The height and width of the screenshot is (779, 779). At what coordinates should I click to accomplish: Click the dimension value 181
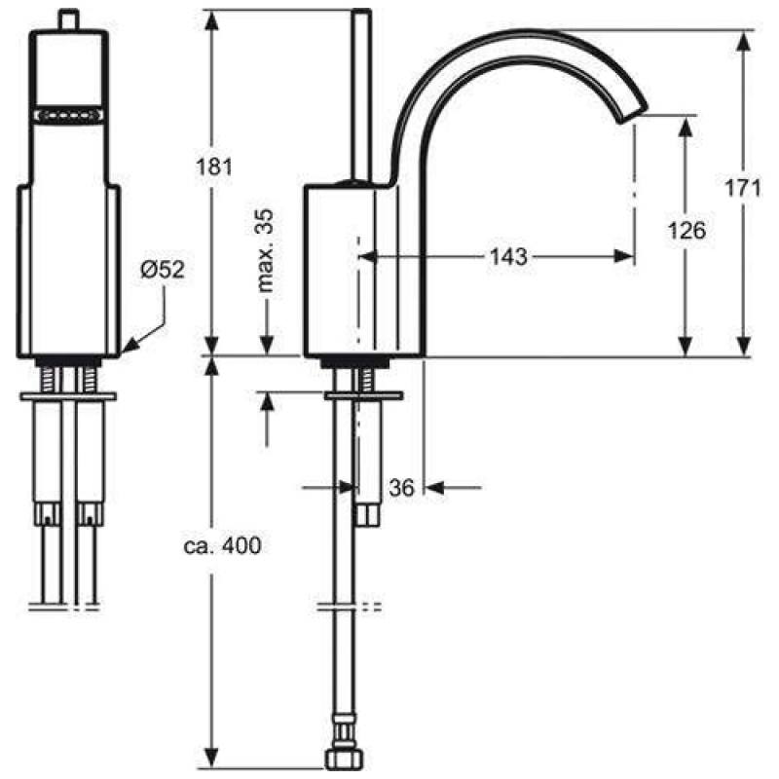[x=213, y=166]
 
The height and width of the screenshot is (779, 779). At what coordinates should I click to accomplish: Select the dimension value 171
[x=742, y=188]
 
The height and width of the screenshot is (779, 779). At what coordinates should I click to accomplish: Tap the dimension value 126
[x=686, y=230]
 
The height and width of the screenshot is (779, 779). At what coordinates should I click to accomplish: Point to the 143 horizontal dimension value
[x=508, y=257]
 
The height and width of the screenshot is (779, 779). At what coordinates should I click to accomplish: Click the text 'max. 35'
[x=266, y=251]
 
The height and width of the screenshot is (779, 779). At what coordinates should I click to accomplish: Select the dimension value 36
[x=401, y=486]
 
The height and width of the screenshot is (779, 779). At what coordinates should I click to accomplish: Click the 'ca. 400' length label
[x=221, y=546]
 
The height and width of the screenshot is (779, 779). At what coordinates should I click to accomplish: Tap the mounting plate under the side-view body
[x=363, y=395]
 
